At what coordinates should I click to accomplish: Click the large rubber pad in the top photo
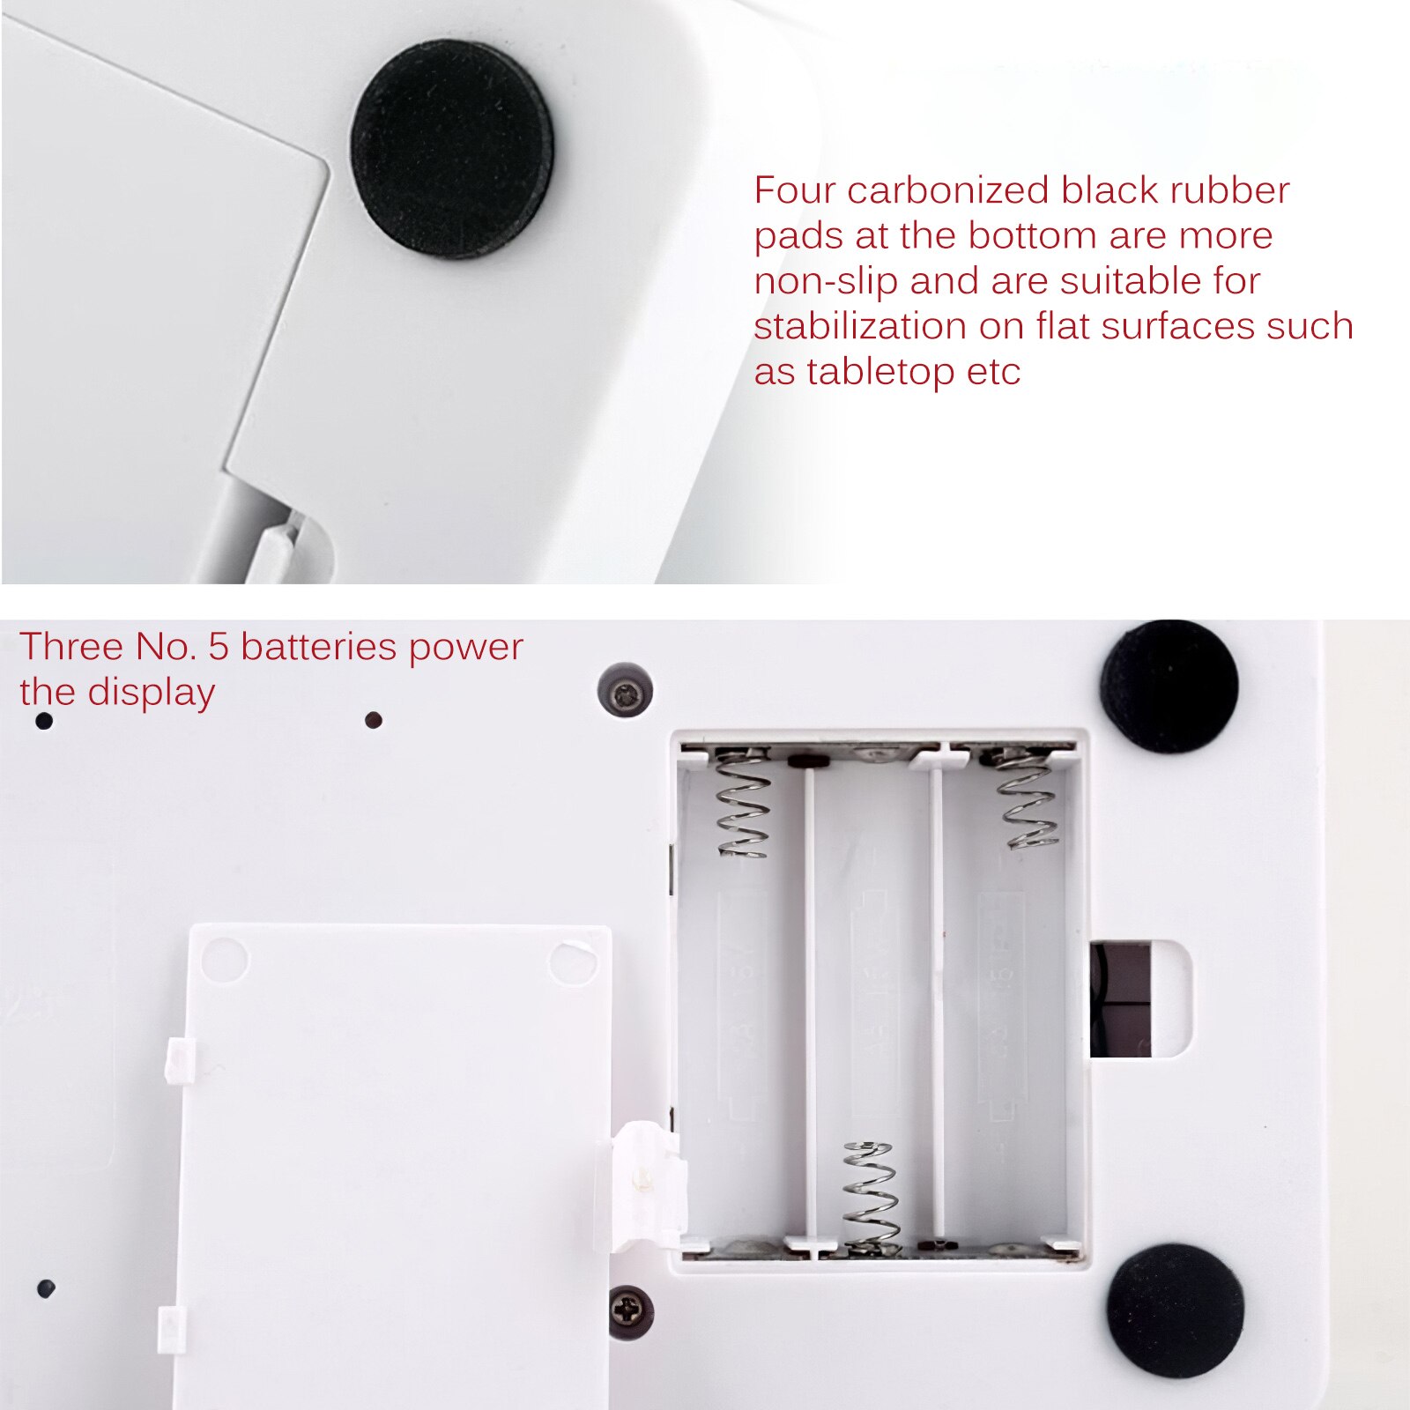[453, 149]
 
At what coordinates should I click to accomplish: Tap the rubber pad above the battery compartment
[1169, 686]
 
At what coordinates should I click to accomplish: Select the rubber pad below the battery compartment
[1176, 1310]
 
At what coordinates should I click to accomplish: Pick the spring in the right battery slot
[1026, 798]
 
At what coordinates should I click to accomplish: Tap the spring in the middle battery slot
[871, 1196]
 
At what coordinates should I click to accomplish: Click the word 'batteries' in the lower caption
[319, 647]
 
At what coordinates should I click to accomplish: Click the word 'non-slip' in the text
[826, 281]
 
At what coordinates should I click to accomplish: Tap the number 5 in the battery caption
[218, 647]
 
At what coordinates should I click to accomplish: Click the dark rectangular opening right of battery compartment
[1121, 998]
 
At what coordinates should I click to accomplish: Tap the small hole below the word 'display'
[374, 720]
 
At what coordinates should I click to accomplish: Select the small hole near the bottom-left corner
[47, 1288]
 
